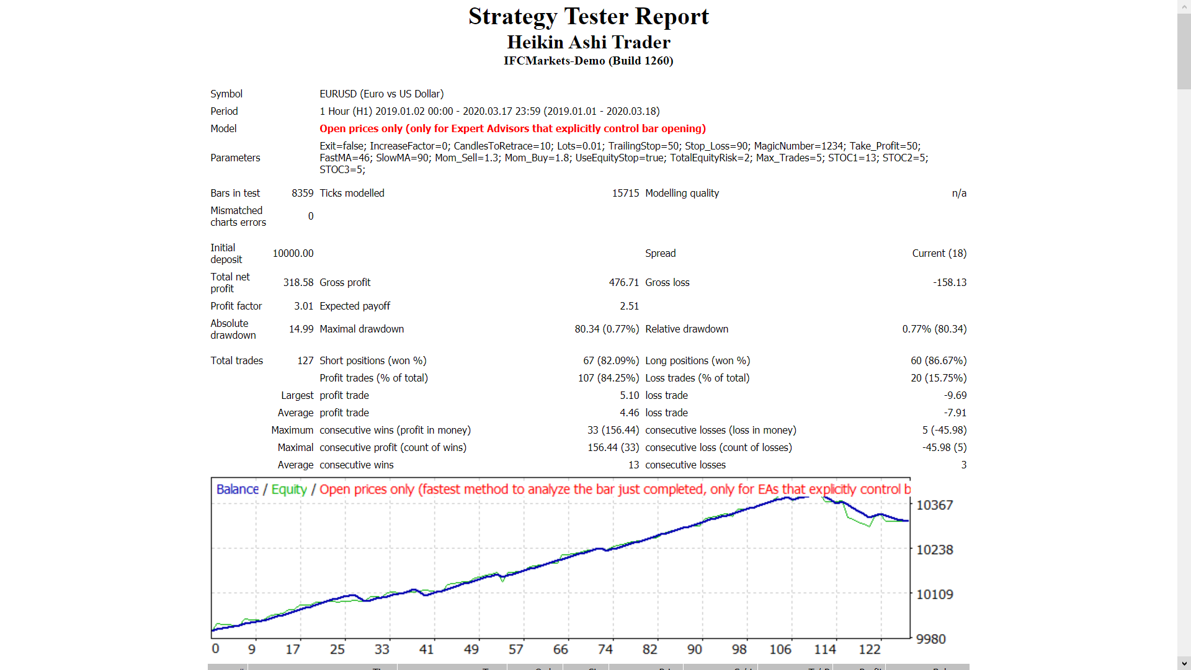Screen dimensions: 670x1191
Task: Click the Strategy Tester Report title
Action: (588, 17)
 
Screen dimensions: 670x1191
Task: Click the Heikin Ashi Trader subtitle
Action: (588, 42)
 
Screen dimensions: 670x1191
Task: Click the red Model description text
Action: (512, 128)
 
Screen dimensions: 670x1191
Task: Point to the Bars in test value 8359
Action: (302, 193)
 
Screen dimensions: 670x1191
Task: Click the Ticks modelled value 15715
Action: (625, 193)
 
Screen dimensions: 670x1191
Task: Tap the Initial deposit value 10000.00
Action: (293, 253)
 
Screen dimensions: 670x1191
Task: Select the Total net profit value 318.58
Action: (298, 282)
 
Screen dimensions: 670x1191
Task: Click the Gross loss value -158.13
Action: (949, 282)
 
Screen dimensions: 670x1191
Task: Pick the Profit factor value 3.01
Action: (303, 306)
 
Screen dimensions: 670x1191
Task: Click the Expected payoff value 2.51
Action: (629, 306)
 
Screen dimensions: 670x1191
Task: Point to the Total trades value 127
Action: (305, 360)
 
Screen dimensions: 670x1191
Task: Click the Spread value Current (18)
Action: (939, 253)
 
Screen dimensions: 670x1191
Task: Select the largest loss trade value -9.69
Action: (955, 395)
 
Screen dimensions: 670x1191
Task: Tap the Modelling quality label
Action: (682, 193)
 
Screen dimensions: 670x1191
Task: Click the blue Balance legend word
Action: (237, 489)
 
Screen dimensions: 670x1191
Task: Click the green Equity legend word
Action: (289, 489)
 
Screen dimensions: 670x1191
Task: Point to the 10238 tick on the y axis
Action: (934, 550)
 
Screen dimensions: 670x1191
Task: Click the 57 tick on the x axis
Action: (515, 649)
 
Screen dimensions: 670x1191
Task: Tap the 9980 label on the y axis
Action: (930, 639)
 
